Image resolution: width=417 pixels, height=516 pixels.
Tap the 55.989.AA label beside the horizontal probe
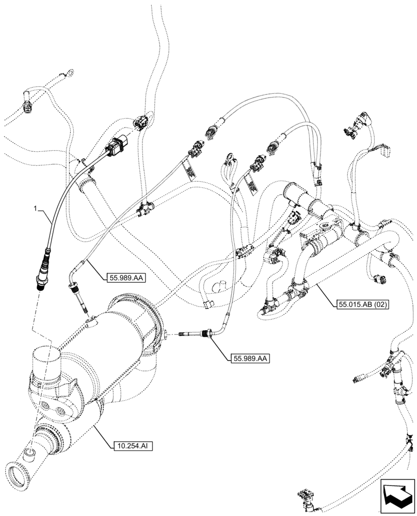tap(249, 358)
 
